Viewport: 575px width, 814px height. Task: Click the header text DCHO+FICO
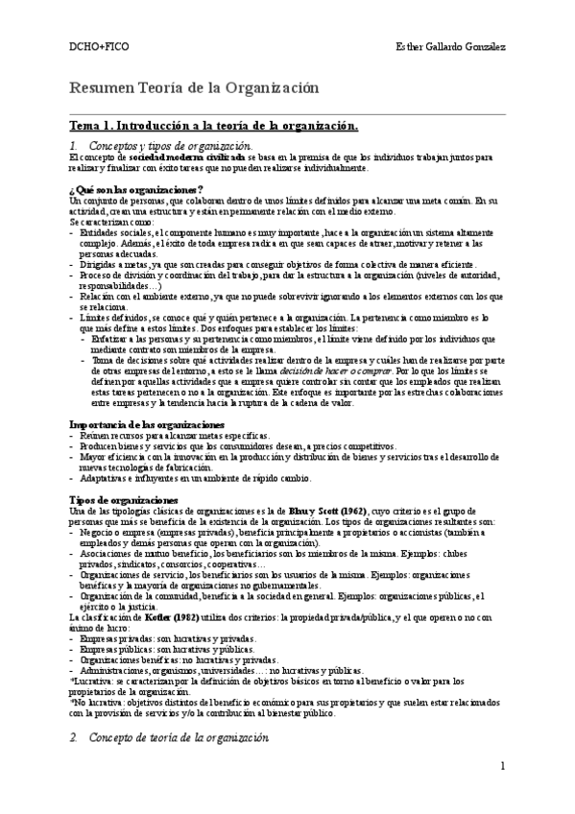[x=94, y=47]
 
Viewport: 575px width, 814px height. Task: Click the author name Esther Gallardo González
[x=450, y=47]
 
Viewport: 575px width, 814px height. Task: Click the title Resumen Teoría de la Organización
[x=195, y=88]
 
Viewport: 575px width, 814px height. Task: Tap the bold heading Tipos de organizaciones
[x=123, y=499]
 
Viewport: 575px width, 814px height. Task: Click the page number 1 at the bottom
[x=503, y=792]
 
